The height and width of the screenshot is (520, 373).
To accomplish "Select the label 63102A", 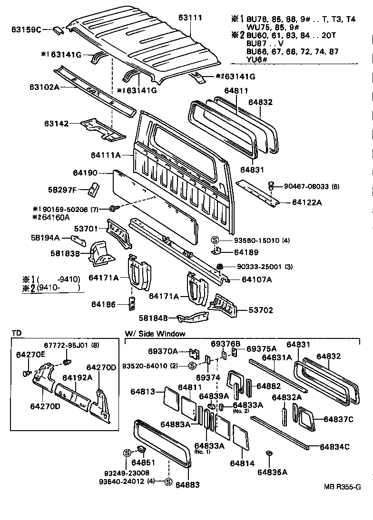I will pos(44,87).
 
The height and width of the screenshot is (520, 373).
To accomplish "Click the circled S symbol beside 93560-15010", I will pos(215,240).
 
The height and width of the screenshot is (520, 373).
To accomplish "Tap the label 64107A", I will pos(256,279).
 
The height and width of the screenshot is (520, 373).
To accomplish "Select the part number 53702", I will pos(261,310).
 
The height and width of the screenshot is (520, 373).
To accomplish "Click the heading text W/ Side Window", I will pos(155,334).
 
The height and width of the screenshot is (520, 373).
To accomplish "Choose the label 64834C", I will pos(334,447).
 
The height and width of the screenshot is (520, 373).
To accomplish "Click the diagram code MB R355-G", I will pos(343,487).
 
